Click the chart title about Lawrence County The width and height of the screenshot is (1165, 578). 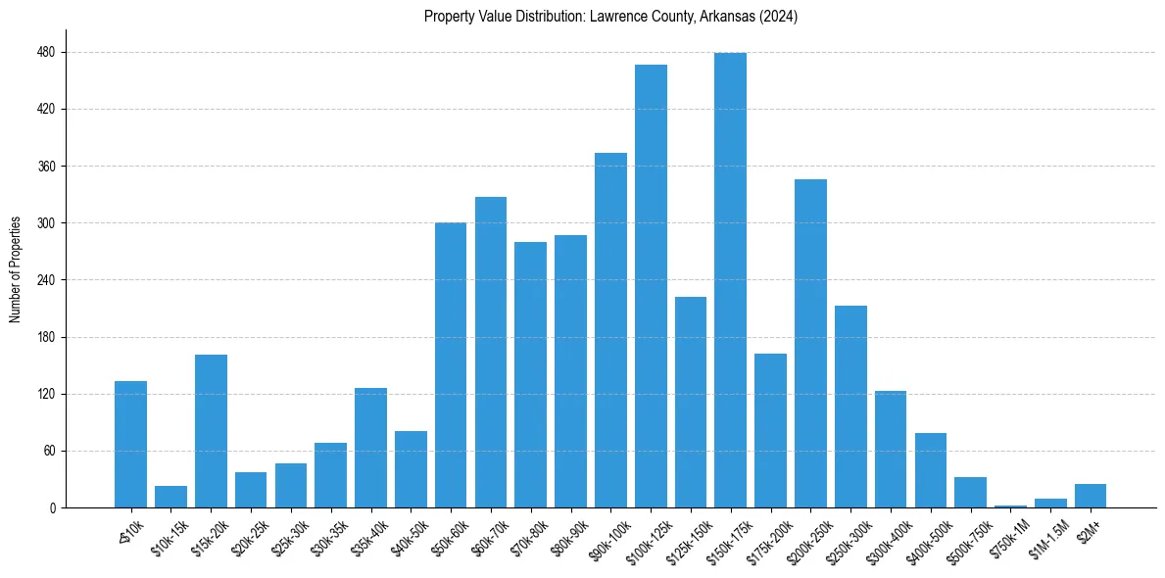(610, 17)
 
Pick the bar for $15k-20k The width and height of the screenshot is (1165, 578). (211, 431)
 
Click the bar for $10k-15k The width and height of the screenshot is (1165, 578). (170, 497)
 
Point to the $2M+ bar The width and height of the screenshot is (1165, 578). (1091, 496)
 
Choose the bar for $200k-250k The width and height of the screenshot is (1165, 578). (810, 343)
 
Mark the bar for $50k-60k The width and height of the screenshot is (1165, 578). (451, 365)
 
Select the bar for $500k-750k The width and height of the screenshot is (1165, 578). (970, 493)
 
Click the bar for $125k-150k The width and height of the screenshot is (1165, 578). (691, 402)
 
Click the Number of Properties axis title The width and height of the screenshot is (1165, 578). (16, 269)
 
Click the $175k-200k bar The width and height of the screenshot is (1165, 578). (770, 431)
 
